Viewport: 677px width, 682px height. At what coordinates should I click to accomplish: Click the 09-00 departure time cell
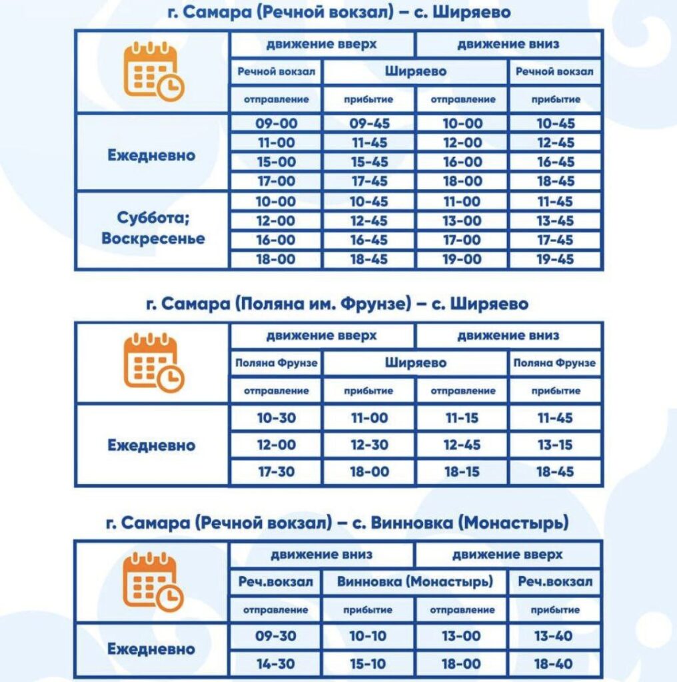(x=276, y=123)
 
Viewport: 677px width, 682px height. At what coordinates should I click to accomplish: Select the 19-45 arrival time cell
(x=555, y=260)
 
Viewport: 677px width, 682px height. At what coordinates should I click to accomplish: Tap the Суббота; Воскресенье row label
(x=153, y=228)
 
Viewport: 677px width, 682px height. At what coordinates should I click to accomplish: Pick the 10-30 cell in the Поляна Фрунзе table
(x=276, y=418)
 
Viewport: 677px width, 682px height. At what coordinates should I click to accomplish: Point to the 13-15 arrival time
(x=555, y=445)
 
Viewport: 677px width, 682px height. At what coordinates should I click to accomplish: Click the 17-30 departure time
(x=276, y=472)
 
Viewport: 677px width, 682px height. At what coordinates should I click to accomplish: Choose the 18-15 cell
(x=462, y=472)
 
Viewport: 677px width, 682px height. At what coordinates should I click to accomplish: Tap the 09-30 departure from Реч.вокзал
(x=275, y=636)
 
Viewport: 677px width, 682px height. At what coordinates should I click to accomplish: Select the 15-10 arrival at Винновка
(x=368, y=664)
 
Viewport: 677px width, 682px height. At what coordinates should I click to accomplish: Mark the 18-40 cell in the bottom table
(x=554, y=664)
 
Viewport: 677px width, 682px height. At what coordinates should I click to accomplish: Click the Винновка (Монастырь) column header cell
(x=414, y=581)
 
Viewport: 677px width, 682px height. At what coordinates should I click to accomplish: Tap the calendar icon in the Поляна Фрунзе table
(x=153, y=363)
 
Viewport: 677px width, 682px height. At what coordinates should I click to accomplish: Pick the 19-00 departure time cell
(x=462, y=260)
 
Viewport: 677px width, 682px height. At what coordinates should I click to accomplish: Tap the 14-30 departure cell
(x=275, y=664)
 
